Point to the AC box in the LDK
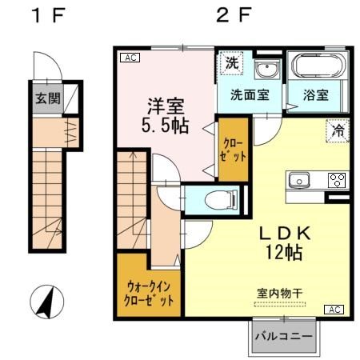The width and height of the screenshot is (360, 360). [x=333, y=309]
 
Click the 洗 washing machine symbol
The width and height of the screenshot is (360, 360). [x=230, y=63]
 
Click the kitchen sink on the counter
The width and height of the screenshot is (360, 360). [x=299, y=179]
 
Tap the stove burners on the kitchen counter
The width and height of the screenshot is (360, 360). [x=338, y=179]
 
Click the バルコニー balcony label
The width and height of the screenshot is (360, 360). [x=285, y=337]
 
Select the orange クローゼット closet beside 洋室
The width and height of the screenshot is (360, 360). [x=234, y=150]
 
